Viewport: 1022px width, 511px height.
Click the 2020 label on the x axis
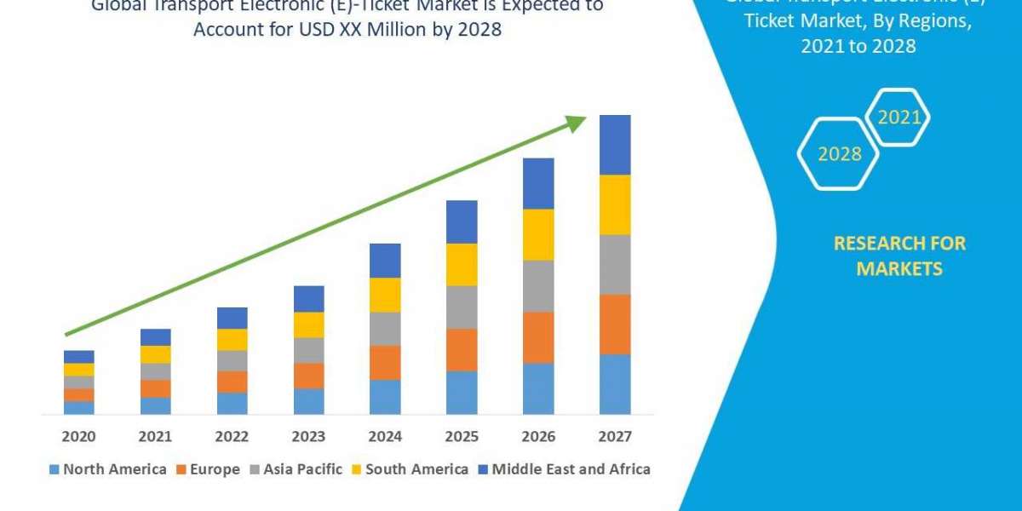[x=78, y=437]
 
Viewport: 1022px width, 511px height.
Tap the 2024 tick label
[x=385, y=437]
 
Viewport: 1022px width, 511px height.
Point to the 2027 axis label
[x=615, y=437]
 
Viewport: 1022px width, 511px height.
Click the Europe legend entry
[x=209, y=469]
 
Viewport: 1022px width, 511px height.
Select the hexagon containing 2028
[x=839, y=153]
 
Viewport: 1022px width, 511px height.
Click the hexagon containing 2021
[x=899, y=118]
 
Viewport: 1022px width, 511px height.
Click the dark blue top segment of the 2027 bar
[x=615, y=145]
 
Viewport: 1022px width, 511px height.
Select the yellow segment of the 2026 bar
[x=538, y=234]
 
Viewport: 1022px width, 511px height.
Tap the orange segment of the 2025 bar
[x=462, y=349]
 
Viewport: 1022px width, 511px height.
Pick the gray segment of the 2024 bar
[x=385, y=328]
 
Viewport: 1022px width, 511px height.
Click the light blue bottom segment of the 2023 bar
[x=308, y=401]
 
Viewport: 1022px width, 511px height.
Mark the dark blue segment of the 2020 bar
[x=78, y=356]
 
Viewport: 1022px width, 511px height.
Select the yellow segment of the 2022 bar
[x=232, y=339]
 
